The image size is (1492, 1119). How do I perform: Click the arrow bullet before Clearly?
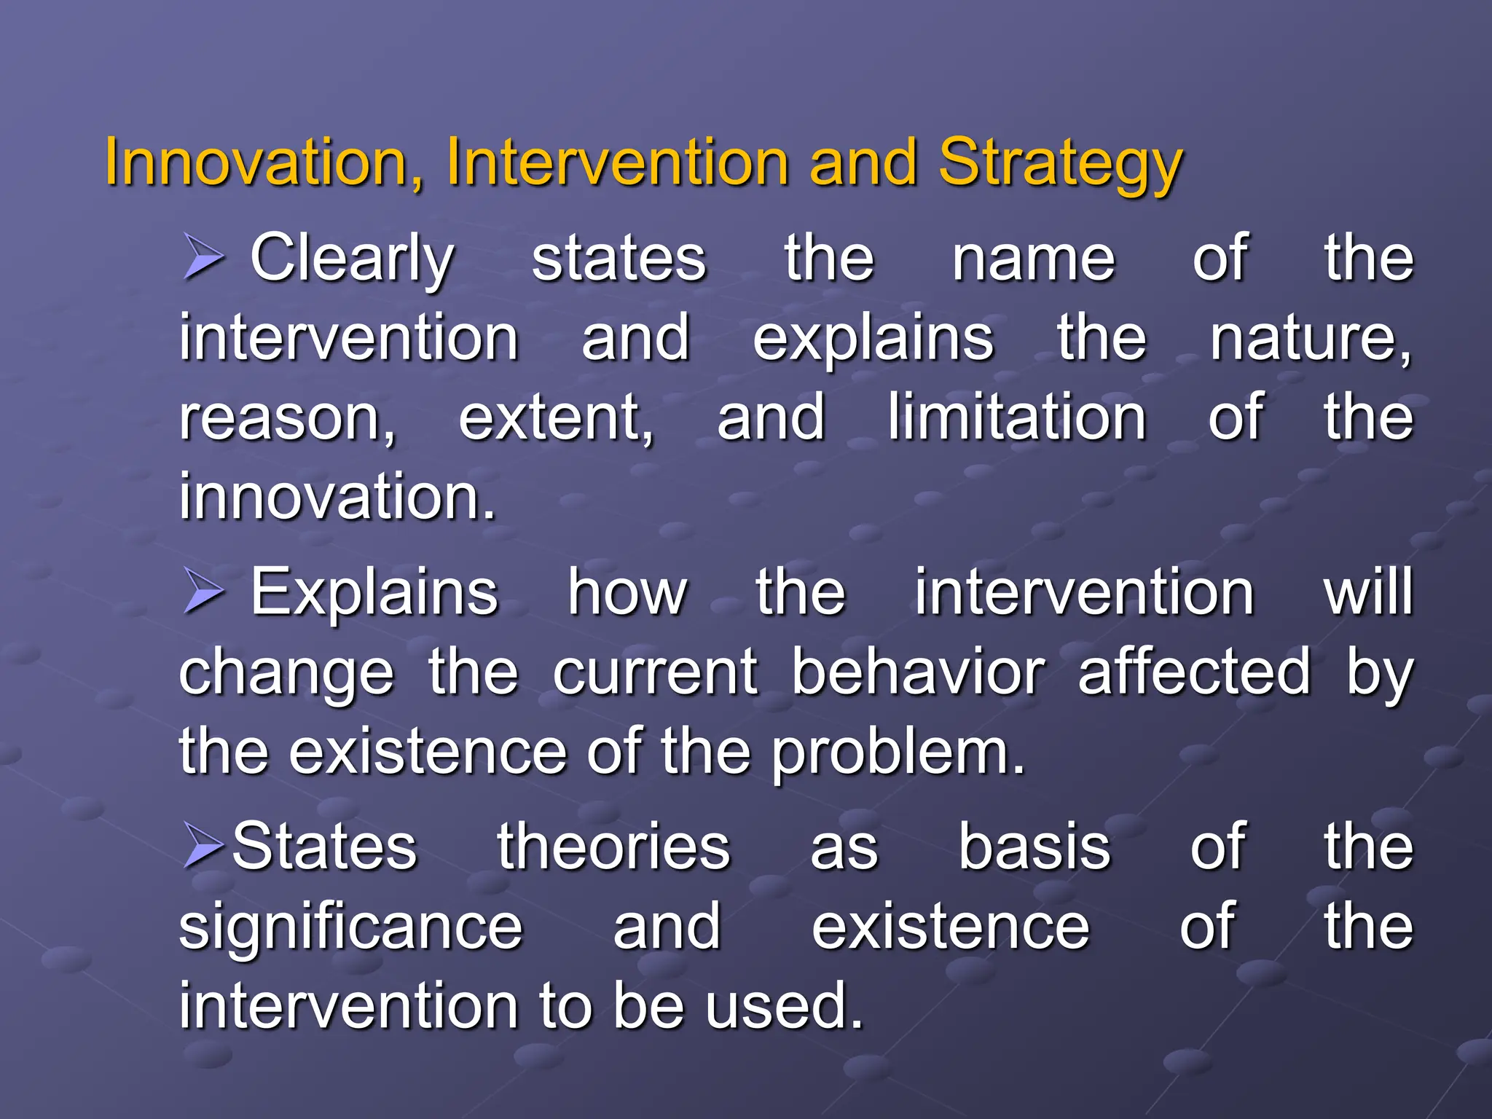coord(202,258)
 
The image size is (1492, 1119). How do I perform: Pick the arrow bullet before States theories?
coord(202,846)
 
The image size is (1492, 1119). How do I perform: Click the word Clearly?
coord(352,259)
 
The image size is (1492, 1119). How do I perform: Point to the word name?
coord(1033,259)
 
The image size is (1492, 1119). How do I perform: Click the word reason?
coord(288,419)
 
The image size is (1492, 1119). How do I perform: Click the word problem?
coord(898,753)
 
